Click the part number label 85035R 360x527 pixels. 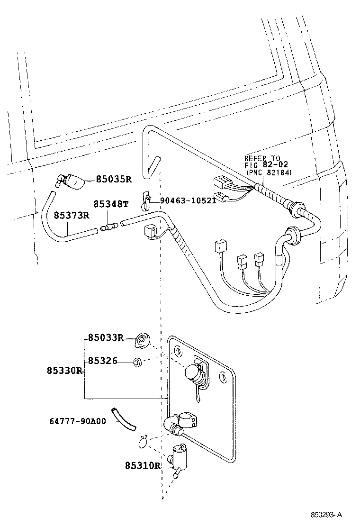(114, 179)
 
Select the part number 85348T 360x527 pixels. (111, 204)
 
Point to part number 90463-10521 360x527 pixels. (188, 200)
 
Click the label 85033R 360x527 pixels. (105, 338)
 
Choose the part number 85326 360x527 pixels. (101, 361)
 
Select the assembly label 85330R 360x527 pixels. (65, 370)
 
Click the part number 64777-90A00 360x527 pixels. (78, 421)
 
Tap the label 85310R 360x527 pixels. (143, 466)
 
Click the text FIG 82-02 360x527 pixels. (266, 165)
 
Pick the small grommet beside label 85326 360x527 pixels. (137, 363)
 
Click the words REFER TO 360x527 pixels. (262, 158)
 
